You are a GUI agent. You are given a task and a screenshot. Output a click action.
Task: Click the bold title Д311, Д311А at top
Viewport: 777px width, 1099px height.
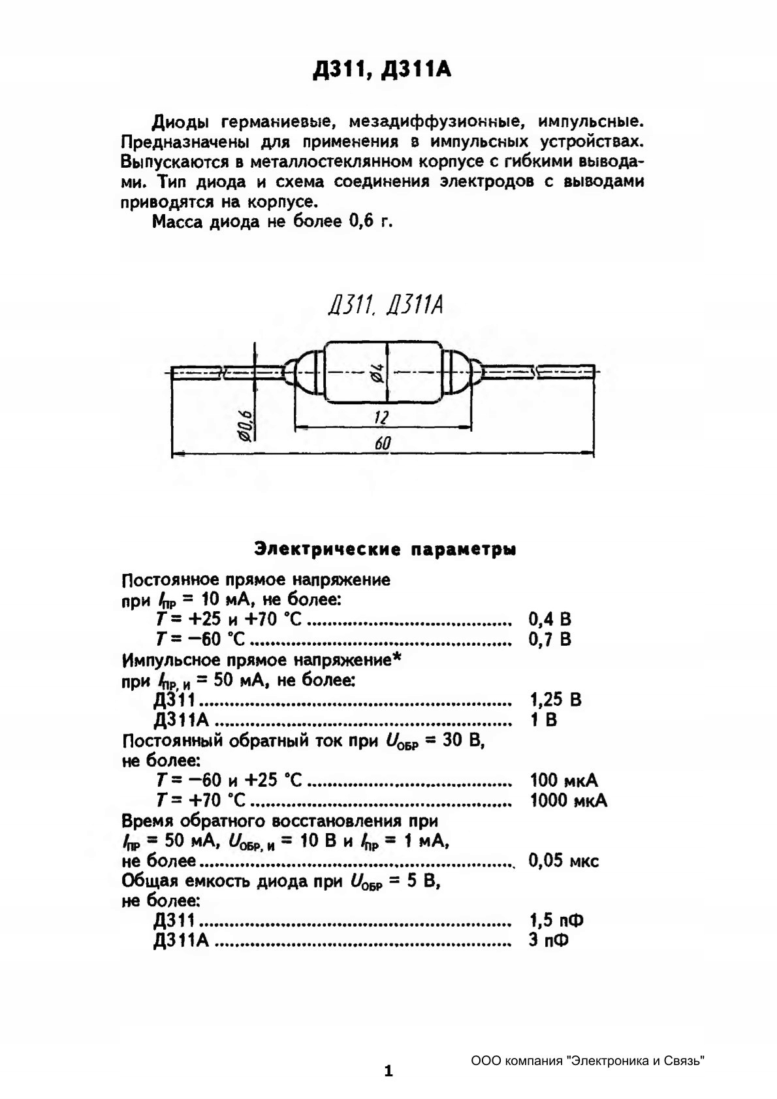click(383, 70)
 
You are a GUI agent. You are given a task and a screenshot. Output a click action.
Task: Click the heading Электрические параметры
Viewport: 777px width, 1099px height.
click(385, 549)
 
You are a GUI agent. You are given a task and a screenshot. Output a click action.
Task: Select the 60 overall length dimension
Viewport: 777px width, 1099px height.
click(383, 443)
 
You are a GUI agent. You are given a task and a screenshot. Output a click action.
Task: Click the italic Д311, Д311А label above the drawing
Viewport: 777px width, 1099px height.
click(387, 305)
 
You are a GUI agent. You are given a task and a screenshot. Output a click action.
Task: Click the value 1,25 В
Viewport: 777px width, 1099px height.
click(556, 700)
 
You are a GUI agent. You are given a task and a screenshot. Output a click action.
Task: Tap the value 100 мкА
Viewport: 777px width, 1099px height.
click(563, 780)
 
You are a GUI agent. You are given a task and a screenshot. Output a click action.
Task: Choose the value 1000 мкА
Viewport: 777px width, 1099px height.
click(568, 801)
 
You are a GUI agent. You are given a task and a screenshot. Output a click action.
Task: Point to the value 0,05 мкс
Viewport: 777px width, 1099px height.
click(563, 861)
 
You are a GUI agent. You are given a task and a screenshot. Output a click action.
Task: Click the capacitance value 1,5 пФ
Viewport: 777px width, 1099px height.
click(556, 921)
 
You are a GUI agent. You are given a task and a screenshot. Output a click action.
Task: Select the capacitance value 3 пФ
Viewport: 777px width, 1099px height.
click(548, 941)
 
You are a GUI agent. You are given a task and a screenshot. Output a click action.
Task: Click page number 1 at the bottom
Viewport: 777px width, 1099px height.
click(388, 1071)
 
